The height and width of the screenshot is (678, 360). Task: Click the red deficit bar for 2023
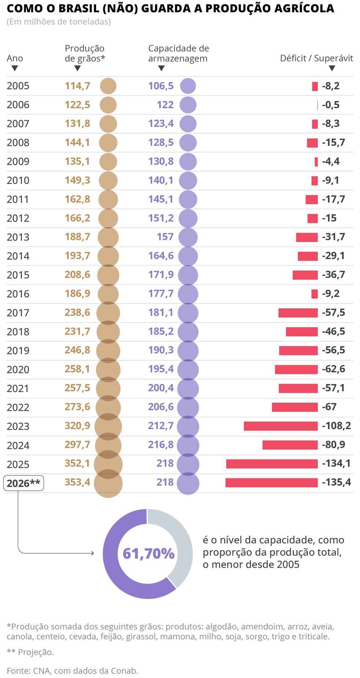pos(281,426)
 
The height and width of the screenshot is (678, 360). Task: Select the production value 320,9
pos(77,426)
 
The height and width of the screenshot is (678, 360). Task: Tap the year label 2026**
pos(23,483)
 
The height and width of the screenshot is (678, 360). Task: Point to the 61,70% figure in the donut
pos(148,554)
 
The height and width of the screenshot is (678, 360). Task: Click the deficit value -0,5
pos(331,105)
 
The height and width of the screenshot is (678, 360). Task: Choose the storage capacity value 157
pos(165,237)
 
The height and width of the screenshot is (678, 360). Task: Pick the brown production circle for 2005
pos(108,86)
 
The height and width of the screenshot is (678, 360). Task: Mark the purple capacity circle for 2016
pos(188,294)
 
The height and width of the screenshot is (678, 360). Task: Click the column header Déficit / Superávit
pos(316,58)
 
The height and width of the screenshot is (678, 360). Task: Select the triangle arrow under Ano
pos(15,68)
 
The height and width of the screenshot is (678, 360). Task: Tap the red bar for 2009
pos(316,162)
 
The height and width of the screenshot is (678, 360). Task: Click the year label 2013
pos(18,237)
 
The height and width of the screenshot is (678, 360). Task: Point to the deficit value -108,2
pos(336,426)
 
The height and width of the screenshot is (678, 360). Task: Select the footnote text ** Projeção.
pos(30,652)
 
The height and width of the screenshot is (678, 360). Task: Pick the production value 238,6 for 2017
pos(77,312)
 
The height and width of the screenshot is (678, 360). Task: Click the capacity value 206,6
pos(161,407)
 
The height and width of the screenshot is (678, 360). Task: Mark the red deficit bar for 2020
pos(296,369)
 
